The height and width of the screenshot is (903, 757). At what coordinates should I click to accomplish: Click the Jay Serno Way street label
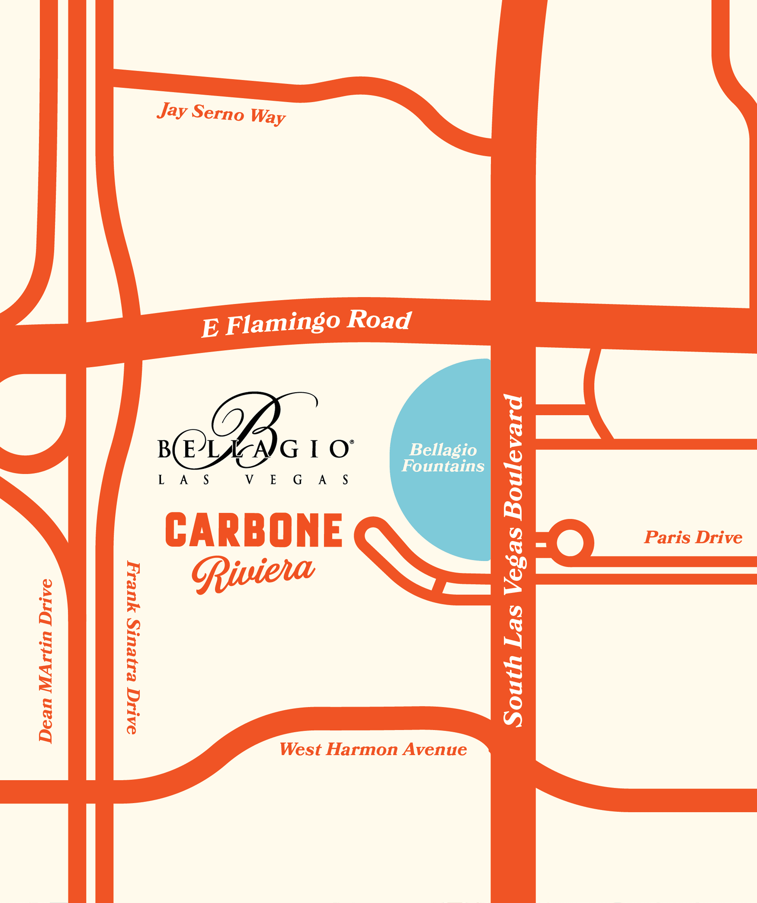221,114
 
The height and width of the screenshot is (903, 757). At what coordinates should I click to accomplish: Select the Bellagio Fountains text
443,458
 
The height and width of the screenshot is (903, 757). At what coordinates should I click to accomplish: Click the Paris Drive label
693,537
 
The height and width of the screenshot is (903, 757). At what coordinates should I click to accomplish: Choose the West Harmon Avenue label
373,750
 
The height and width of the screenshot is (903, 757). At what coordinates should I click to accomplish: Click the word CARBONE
254,530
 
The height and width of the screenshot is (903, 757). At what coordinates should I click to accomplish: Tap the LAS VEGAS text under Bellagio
254,480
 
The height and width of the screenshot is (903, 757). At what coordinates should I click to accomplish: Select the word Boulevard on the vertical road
513,458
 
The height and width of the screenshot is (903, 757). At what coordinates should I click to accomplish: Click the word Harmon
361,750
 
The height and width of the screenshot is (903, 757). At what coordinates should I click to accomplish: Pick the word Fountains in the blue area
443,466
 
